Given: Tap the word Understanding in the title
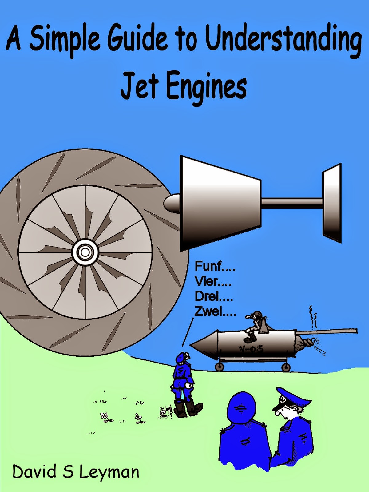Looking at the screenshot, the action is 283,40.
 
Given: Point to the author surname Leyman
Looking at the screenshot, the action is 109,472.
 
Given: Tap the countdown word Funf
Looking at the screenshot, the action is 208,266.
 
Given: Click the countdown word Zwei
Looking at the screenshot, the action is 208,311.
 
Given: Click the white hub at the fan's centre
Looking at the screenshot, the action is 85,252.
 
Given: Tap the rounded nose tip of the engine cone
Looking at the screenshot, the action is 169,203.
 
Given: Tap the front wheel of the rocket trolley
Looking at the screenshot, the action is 219,366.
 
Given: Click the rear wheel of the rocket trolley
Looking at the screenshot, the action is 286,367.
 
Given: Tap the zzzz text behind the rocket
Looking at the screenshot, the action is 320,352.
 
